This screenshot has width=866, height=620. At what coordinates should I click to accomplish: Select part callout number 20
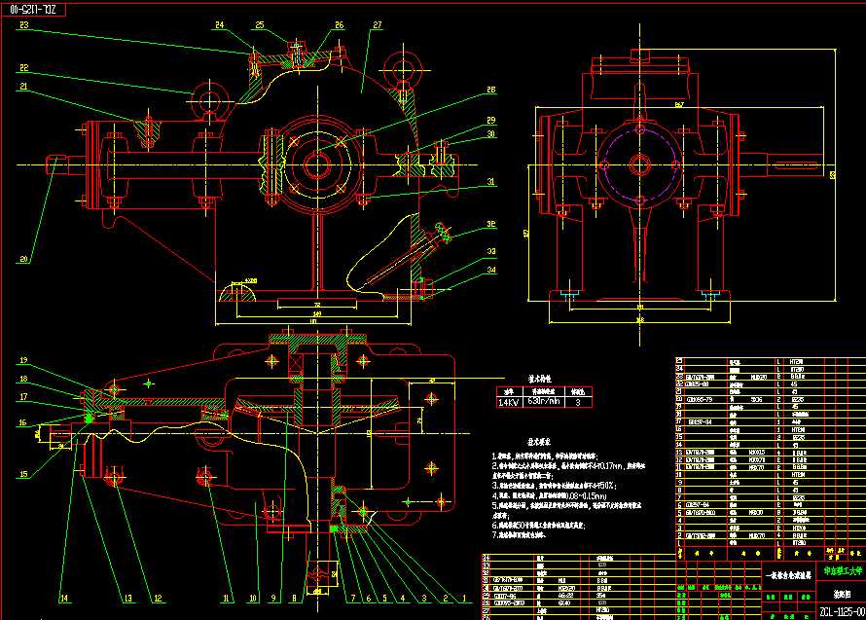pyautogui.click(x=23, y=259)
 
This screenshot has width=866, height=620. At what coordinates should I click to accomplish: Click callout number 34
pyautogui.click(x=490, y=270)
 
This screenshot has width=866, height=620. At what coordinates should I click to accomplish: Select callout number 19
pyautogui.click(x=23, y=361)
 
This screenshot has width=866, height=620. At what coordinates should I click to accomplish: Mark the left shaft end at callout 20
pyautogui.click(x=54, y=164)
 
